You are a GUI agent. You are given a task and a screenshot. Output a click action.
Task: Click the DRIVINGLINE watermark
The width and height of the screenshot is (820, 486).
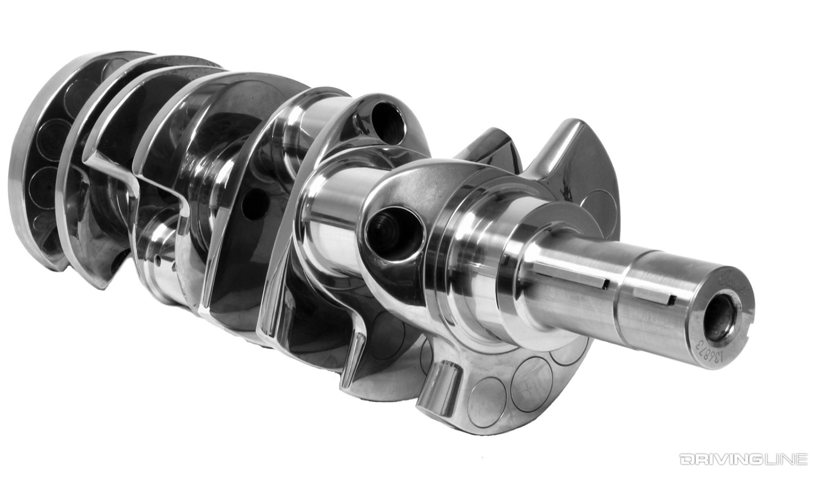click(x=743, y=459)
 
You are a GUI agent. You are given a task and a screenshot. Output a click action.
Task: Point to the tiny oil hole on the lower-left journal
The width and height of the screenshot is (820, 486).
click(x=158, y=260)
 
